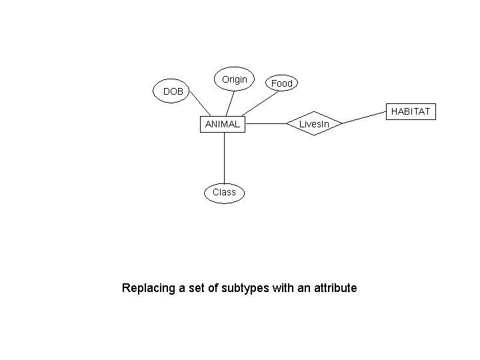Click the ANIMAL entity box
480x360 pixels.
click(x=223, y=123)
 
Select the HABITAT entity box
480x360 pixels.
click(x=411, y=111)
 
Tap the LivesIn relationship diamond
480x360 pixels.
click(x=314, y=123)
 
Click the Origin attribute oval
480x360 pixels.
click(x=234, y=80)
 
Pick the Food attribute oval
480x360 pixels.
click(x=282, y=83)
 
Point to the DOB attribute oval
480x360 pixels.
click(x=173, y=91)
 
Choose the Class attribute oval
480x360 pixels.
click(x=224, y=192)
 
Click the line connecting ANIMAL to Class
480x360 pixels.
click(x=224, y=156)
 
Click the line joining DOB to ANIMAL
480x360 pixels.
click(x=199, y=105)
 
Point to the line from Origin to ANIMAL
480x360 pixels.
click(x=230, y=103)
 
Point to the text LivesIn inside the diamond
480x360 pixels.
click(x=314, y=124)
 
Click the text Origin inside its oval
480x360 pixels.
click(x=234, y=79)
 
